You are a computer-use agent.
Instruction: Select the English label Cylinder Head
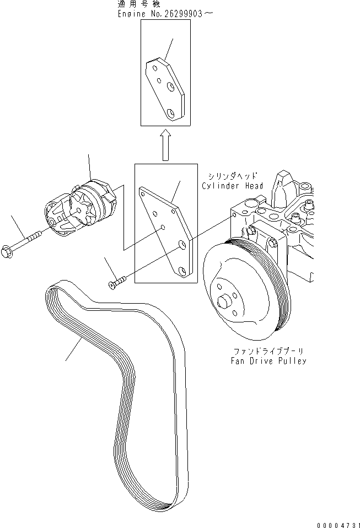pos(232,186)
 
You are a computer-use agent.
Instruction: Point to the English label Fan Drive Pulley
pos(268,361)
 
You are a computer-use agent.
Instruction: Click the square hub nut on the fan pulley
pos(223,301)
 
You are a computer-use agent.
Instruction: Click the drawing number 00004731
pos(338,525)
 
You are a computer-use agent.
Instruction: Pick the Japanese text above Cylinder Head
pos(232,176)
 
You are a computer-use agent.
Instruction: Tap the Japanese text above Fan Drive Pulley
pos(268,352)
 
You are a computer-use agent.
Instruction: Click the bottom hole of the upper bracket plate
pos(171,113)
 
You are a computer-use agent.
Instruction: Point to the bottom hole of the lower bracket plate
pos(181,271)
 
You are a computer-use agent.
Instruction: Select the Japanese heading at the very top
pos(139,4)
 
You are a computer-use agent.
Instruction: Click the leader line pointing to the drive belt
pos(74,349)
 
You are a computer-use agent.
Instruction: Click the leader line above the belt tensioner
pos(89,166)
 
